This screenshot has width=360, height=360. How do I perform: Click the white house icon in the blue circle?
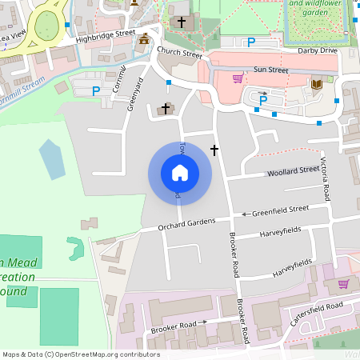click(180, 172)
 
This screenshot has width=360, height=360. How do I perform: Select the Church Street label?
click(179, 53)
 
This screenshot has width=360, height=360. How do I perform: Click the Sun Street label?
click(270, 70)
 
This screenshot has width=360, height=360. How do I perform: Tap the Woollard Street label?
click(292, 170)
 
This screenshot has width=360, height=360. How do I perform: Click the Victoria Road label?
click(326, 177)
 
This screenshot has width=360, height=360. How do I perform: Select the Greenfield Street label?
click(280, 210)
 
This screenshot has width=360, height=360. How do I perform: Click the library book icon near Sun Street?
click(316, 83)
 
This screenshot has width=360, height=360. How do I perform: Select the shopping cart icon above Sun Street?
click(238, 78)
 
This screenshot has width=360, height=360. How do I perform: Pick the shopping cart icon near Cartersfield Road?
click(343, 283)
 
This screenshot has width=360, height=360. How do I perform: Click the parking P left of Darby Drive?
click(251, 42)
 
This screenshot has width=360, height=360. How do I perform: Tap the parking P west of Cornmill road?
click(96, 91)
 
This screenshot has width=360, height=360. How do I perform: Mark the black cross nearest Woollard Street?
click(214, 150)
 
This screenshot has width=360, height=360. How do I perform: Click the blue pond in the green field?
click(52, 159)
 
